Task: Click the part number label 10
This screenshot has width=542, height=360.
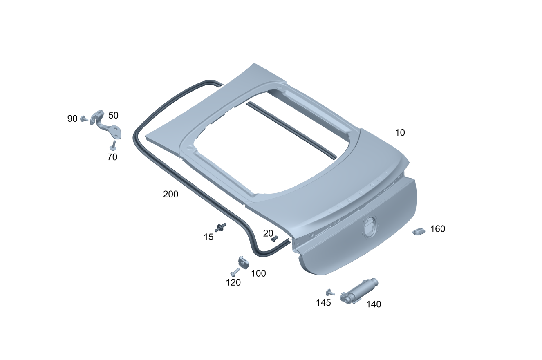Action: pyautogui.click(x=400, y=132)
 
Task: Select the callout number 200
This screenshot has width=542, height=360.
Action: pyautogui.click(x=170, y=194)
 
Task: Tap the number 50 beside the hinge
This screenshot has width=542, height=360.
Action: pyautogui.click(x=113, y=115)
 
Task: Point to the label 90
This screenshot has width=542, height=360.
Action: pyautogui.click(x=72, y=119)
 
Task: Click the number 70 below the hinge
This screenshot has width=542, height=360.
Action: pyautogui.click(x=112, y=157)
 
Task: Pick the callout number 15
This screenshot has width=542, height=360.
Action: pyautogui.click(x=208, y=237)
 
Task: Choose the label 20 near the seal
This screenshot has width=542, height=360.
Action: pyautogui.click(x=268, y=233)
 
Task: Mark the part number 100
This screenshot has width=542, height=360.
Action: pyautogui.click(x=258, y=273)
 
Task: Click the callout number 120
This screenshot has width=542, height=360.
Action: pyautogui.click(x=233, y=282)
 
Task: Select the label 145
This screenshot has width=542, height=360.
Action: pyautogui.click(x=323, y=302)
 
